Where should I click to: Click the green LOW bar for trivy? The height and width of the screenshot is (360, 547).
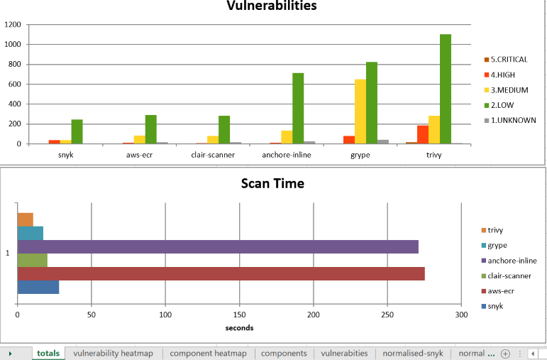[446, 89]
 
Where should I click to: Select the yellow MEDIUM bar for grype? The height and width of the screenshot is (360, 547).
[360, 111]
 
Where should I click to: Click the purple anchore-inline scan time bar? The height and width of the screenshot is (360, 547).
[218, 246]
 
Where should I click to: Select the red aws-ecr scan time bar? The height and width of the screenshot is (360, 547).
[221, 273]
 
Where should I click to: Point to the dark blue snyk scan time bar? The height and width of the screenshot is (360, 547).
[38, 287]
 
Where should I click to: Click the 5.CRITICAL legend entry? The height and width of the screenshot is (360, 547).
[508, 60]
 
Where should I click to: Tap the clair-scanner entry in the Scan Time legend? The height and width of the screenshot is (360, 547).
[509, 276]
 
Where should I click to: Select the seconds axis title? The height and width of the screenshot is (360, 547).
[239, 327]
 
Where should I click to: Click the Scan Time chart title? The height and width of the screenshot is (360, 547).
[272, 183]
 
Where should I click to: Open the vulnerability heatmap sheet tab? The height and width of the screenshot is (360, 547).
[113, 353]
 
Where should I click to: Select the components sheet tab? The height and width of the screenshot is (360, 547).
[284, 353]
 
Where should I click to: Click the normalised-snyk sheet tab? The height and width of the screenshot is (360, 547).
[414, 353]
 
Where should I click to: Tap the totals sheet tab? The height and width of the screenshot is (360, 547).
[48, 353]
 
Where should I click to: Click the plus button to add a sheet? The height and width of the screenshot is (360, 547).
[505, 353]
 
